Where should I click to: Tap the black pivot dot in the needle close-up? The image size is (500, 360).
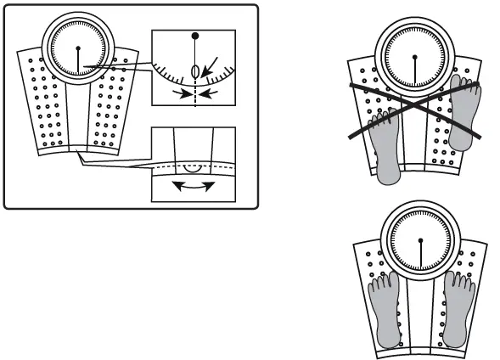tap(195, 37)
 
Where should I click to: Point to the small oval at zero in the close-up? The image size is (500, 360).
tap(195, 71)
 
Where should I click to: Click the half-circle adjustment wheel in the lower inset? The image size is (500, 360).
tap(194, 168)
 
